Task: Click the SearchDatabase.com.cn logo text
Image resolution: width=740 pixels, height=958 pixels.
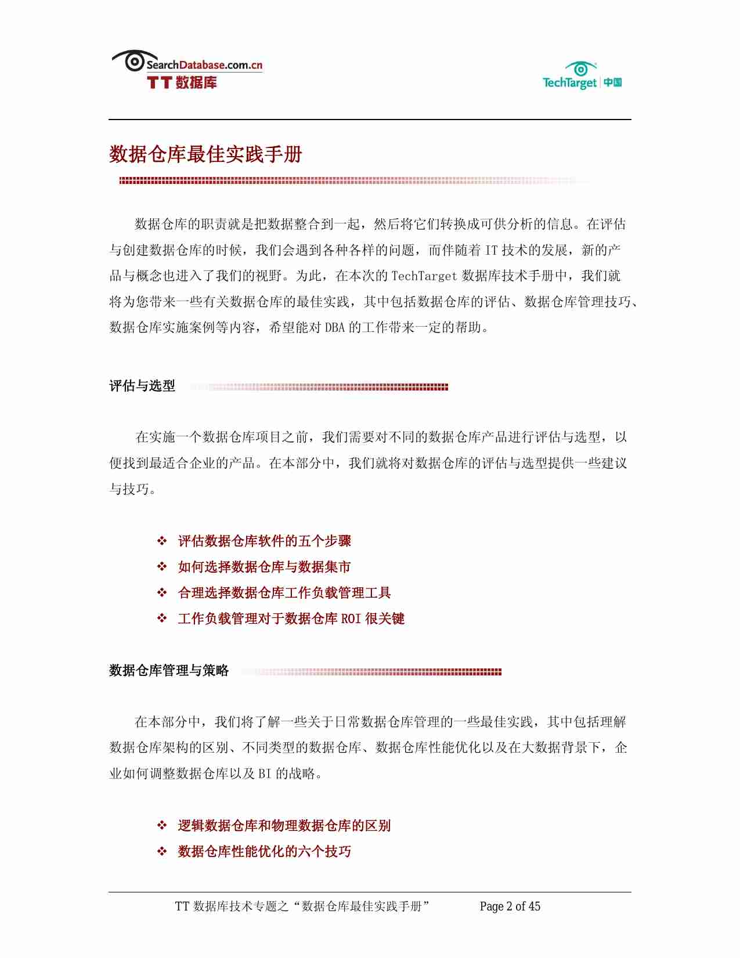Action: tap(204, 65)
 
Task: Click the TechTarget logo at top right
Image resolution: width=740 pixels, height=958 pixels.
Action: tap(582, 76)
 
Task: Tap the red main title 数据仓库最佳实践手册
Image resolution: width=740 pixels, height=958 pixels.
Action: tap(205, 154)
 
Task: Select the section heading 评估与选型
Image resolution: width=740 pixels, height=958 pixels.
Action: tap(142, 386)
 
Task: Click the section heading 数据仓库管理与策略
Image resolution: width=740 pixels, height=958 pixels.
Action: tap(169, 671)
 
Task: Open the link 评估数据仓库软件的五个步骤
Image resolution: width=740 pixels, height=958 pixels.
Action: tap(264, 541)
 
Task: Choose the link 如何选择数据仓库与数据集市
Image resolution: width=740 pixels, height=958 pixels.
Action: tap(264, 567)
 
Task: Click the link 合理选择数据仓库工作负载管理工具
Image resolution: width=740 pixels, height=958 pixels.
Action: tap(284, 593)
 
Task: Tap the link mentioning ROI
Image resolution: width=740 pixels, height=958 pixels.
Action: tap(291, 619)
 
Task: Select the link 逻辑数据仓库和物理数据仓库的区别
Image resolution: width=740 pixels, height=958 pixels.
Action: tap(284, 826)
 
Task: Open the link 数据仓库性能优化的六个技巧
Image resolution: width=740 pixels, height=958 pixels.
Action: tap(264, 851)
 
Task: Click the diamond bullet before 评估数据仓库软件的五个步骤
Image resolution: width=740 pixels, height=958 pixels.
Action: tap(162, 541)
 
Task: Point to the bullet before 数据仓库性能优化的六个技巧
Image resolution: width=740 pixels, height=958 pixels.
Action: tap(162, 851)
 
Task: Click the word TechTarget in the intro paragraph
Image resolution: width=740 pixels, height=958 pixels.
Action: tap(424, 276)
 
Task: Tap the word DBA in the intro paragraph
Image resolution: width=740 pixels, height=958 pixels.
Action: tap(334, 328)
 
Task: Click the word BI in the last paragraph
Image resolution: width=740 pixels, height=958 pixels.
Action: tap(264, 774)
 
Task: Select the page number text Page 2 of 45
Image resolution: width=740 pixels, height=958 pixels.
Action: tap(510, 906)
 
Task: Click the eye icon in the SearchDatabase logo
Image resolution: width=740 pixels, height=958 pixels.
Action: tap(134, 61)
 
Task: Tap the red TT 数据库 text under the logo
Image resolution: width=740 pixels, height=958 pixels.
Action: tap(182, 82)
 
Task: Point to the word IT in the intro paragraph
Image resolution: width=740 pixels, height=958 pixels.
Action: tap(491, 250)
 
